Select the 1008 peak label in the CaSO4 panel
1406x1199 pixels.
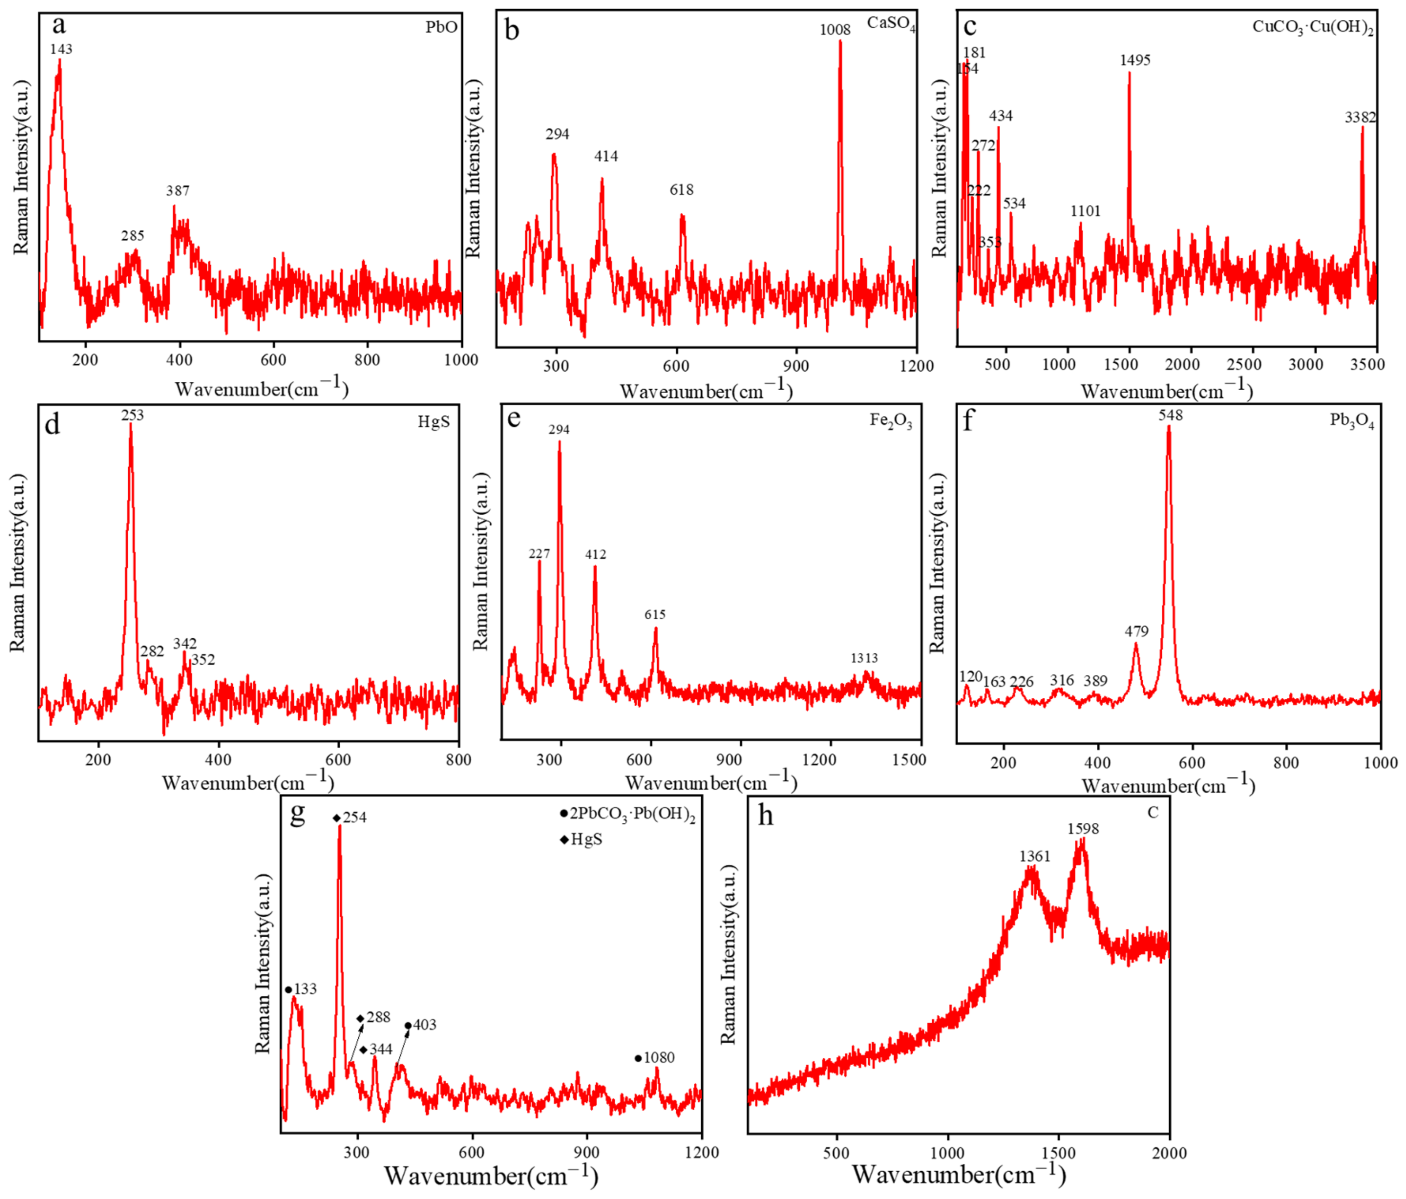coord(835,30)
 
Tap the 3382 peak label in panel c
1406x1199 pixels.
coord(1360,117)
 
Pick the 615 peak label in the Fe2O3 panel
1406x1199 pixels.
coord(655,615)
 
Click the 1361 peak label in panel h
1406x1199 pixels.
coord(1034,856)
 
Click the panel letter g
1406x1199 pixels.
coord(297,813)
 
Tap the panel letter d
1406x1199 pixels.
coord(52,425)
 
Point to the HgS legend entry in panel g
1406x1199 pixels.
coord(586,840)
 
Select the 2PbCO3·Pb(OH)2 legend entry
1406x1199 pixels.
coord(632,814)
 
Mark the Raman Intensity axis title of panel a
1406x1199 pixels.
coord(22,168)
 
